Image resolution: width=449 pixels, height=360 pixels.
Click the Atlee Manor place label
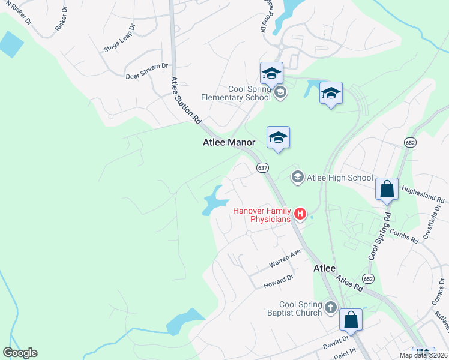(x=228, y=142)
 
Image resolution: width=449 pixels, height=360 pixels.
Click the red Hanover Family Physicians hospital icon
(x=300, y=213)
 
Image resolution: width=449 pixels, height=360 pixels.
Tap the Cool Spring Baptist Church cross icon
(x=330, y=308)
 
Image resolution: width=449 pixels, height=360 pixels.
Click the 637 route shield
(x=262, y=167)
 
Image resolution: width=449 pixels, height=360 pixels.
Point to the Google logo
(x=20, y=353)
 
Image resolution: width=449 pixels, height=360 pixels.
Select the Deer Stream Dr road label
(x=146, y=71)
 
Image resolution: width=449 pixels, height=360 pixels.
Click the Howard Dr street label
(x=278, y=282)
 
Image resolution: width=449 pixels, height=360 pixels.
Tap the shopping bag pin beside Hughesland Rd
(x=387, y=189)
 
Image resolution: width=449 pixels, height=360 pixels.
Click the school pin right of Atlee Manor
(x=278, y=137)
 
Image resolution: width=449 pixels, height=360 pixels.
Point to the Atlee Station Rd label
(x=185, y=100)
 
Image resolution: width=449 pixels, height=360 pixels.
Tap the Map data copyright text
(x=423, y=355)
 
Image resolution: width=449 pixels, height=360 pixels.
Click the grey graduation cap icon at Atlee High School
(x=297, y=176)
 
